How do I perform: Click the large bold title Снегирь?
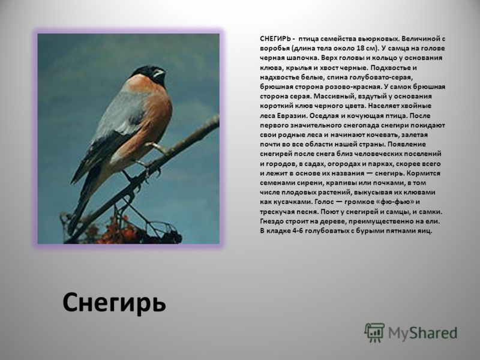pos(114,302)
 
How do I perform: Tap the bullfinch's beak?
pos(159,73)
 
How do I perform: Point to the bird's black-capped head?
pos(150,74)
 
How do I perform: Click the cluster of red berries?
pos(116,231)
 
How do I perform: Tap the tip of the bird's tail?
pos(71,230)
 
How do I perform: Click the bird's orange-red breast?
pos(153,113)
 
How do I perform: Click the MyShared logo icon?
pos(374,332)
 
